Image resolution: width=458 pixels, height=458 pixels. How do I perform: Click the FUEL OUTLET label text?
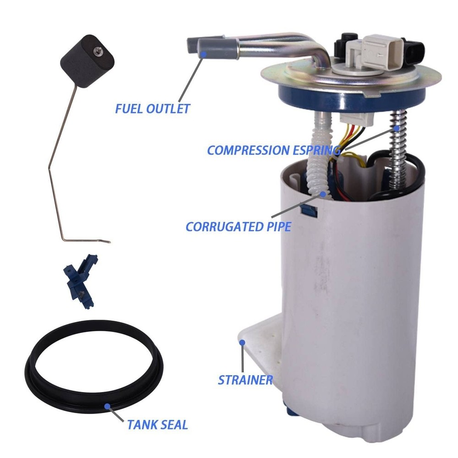pyautogui.click(x=152, y=109)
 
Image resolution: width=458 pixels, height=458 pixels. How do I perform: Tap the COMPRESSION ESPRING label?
pyautogui.click(x=274, y=150)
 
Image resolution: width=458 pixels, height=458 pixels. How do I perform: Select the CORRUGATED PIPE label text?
pyautogui.click(x=238, y=226)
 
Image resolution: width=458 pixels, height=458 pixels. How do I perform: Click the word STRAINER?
pyautogui.click(x=245, y=380)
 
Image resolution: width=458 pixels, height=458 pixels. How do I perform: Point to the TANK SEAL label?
pyautogui.click(x=158, y=425)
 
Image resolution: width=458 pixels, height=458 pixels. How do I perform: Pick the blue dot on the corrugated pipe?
pyautogui.click(x=323, y=194)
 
